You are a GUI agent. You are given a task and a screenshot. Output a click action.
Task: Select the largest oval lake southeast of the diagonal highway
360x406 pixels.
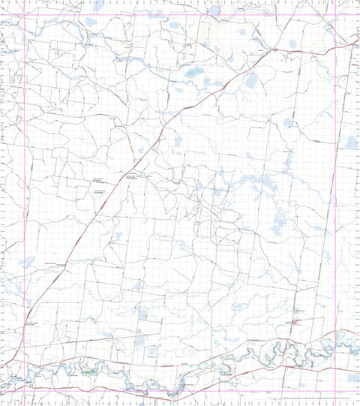coord(250,80)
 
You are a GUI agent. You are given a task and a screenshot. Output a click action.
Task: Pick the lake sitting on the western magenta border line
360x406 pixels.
coord(28,262)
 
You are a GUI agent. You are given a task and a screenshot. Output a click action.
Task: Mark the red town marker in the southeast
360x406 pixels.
coord(295,321)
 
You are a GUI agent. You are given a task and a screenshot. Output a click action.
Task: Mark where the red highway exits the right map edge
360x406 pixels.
coord(358,43)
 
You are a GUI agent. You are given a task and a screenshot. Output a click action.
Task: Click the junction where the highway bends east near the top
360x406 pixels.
coord(273,50)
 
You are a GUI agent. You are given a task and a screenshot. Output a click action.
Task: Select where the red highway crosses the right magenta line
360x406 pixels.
coord(355,44)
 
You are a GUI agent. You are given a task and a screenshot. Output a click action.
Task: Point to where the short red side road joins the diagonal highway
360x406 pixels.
coord(139,155)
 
